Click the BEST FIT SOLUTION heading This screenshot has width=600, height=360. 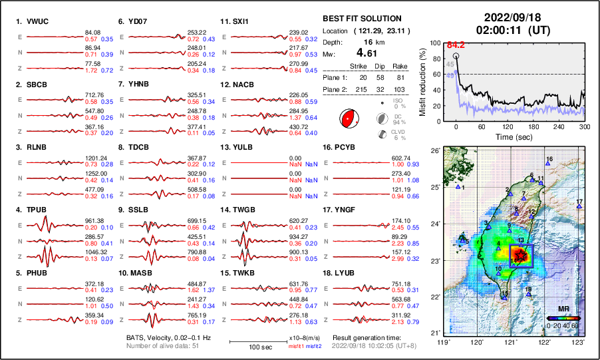tap(361, 19)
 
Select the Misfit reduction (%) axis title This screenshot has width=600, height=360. tap(423, 81)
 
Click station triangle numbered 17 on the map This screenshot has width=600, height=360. tap(579, 207)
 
